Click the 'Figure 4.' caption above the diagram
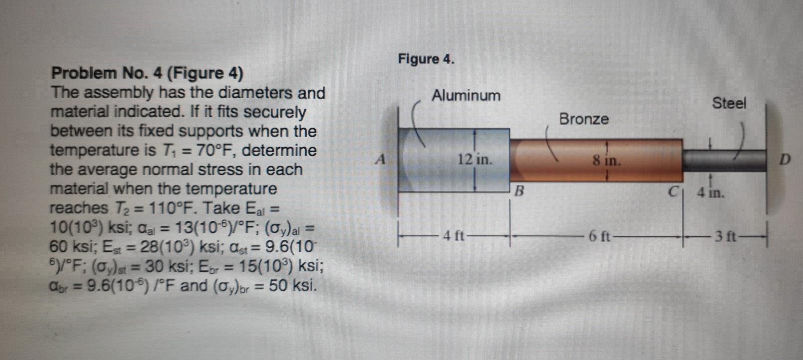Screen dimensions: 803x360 tap(425, 59)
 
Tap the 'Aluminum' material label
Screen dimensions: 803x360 tap(466, 95)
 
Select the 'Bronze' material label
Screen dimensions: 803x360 tap(584, 119)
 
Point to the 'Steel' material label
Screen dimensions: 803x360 tap(729, 104)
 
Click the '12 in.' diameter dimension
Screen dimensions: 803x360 tap(474, 160)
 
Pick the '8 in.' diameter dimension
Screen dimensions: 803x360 tap(606, 161)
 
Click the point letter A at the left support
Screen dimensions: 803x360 tap(381, 160)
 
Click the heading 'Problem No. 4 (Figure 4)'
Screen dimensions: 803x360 tap(148, 73)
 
